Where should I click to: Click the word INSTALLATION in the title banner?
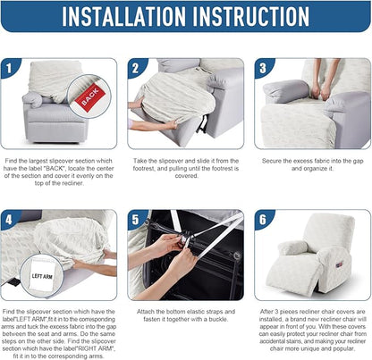[x=123, y=16]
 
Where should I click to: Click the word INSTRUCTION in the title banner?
[x=251, y=16]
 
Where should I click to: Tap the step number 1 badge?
[x=9, y=68]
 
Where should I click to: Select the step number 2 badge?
[x=136, y=68]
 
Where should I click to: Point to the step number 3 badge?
[x=263, y=68]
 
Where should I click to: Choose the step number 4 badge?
[x=9, y=220]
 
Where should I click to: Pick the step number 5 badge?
[x=136, y=220]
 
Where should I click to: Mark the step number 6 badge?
[x=263, y=220]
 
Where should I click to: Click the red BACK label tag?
[x=90, y=96]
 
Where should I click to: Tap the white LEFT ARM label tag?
[x=42, y=275]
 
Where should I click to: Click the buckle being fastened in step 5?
[x=185, y=239]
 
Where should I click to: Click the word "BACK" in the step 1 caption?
[x=54, y=168]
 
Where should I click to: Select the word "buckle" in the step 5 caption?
[x=217, y=319]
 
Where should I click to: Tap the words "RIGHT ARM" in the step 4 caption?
[x=98, y=348]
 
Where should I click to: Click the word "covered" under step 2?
[x=186, y=176]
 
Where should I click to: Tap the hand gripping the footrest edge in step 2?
[x=171, y=123]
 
